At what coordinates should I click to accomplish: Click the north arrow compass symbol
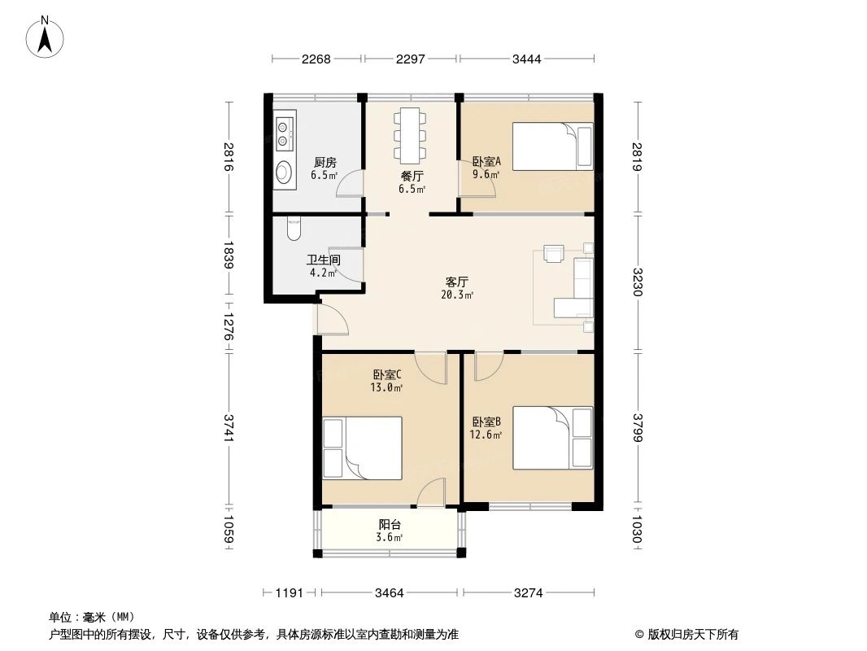45,37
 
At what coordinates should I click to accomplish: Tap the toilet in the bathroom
294,229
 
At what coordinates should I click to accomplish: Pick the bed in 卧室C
363,448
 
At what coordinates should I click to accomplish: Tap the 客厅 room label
457,282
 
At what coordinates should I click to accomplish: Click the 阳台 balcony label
390,525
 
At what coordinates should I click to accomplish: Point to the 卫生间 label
324,260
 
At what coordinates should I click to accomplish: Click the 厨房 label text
325,163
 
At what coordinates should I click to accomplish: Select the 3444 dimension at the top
526,59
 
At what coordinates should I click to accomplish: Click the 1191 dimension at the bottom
290,593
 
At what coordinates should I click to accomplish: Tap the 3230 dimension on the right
638,282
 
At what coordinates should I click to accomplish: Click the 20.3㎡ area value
457,295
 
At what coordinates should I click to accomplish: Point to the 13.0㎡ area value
386,387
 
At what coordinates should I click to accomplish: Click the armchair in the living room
554,253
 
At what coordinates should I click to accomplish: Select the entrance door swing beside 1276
332,320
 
